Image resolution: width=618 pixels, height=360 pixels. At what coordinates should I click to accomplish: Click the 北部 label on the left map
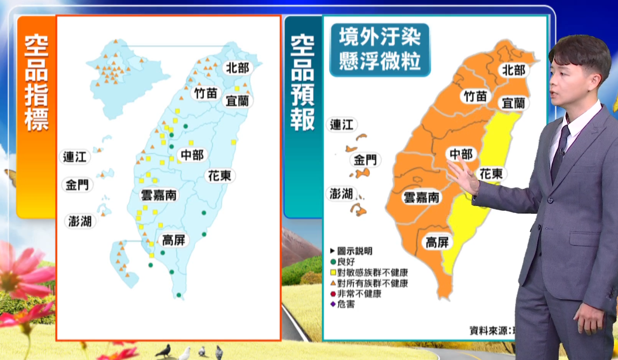pyautogui.click(x=238, y=68)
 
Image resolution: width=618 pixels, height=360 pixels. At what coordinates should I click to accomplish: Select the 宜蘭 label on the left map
pyautogui.click(x=237, y=101)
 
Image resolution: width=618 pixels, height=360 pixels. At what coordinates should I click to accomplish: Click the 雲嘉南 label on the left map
pyautogui.click(x=158, y=196)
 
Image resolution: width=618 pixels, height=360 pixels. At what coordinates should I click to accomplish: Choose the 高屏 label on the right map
pyautogui.click(x=437, y=242)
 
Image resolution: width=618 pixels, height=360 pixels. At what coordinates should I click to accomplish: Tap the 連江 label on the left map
pyautogui.click(x=75, y=157)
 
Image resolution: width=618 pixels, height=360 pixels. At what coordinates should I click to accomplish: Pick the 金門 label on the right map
pyautogui.click(x=365, y=160)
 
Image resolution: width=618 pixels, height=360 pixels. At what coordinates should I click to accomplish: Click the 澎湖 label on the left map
pyautogui.click(x=80, y=222)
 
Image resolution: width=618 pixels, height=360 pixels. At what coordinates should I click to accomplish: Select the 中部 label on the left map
pyautogui.click(x=192, y=155)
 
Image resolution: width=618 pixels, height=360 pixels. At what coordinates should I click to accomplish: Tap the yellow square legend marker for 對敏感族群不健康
pyautogui.click(x=333, y=273)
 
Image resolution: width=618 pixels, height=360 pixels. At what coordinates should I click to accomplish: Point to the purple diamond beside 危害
pyautogui.click(x=333, y=304)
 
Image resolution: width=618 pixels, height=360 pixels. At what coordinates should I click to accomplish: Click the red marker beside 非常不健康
pyautogui.click(x=333, y=294)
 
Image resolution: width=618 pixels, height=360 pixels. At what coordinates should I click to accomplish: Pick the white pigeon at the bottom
pyautogui.click(x=184, y=353)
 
